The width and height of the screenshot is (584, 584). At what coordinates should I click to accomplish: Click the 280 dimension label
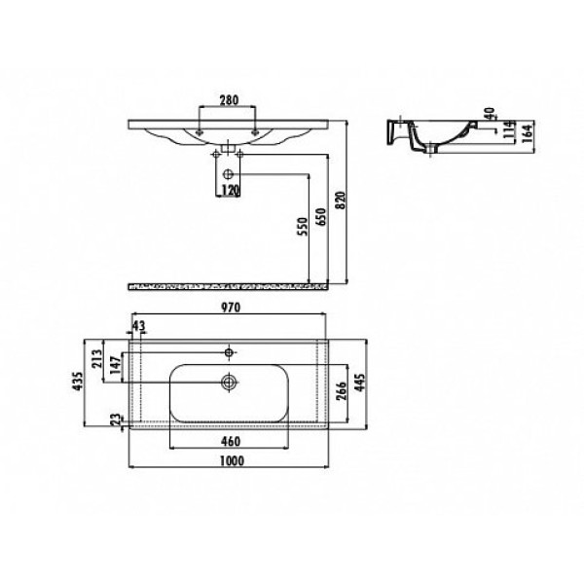229,100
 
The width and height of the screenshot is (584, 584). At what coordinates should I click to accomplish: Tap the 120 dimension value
230,191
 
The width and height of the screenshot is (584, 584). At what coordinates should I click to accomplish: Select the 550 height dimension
303,227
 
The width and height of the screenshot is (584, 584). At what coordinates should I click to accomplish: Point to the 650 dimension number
320,217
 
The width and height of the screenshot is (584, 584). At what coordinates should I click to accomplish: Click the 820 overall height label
341,201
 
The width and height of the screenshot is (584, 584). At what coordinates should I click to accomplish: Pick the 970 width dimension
231,308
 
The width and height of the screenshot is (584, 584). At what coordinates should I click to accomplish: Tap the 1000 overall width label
232,460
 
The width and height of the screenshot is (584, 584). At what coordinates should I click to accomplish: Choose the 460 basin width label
231,441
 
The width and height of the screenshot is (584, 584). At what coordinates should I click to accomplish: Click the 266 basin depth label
342,390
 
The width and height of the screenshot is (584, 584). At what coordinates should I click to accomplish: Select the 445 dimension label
360,383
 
